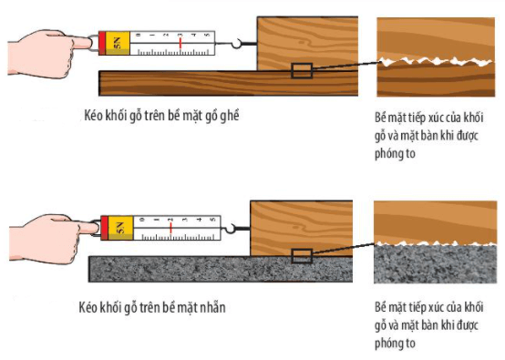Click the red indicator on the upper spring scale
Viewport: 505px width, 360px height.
[180, 43]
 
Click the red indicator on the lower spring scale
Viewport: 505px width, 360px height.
[170, 228]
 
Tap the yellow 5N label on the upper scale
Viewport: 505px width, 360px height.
[118, 43]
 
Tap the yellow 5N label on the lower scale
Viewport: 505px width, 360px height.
[120, 228]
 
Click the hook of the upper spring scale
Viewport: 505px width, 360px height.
[236, 44]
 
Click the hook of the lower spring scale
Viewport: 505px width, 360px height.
[230, 229]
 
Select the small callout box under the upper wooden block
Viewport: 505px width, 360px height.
[302, 71]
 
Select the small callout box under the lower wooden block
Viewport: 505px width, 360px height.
[302, 256]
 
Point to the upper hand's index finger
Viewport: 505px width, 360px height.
[80, 42]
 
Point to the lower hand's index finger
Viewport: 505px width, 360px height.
[87, 227]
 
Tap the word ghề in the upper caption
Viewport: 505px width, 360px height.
[230, 116]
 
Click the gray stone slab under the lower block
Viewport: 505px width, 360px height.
[221, 270]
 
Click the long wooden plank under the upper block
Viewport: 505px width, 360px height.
[229, 84]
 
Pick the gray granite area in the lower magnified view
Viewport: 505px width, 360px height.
[435, 264]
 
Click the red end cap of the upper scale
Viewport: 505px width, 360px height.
[102, 43]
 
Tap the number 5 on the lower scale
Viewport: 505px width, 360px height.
[212, 220]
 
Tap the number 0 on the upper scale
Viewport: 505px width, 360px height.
[139, 35]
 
